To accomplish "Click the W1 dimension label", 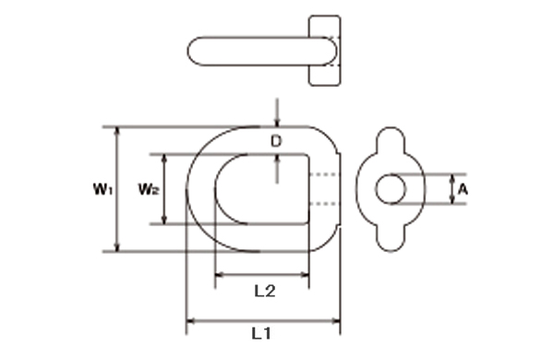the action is [x=102, y=189].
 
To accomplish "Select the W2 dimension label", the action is [x=149, y=189].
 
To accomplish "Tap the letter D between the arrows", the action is [x=276, y=141].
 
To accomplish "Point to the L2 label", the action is [x=265, y=291].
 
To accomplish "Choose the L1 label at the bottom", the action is [x=261, y=333].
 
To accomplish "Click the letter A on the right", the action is [x=463, y=190].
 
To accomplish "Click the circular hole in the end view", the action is [x=391, y=189].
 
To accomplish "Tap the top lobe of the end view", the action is [x=391, y=138].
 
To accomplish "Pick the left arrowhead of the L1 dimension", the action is [x=190, y=321].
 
